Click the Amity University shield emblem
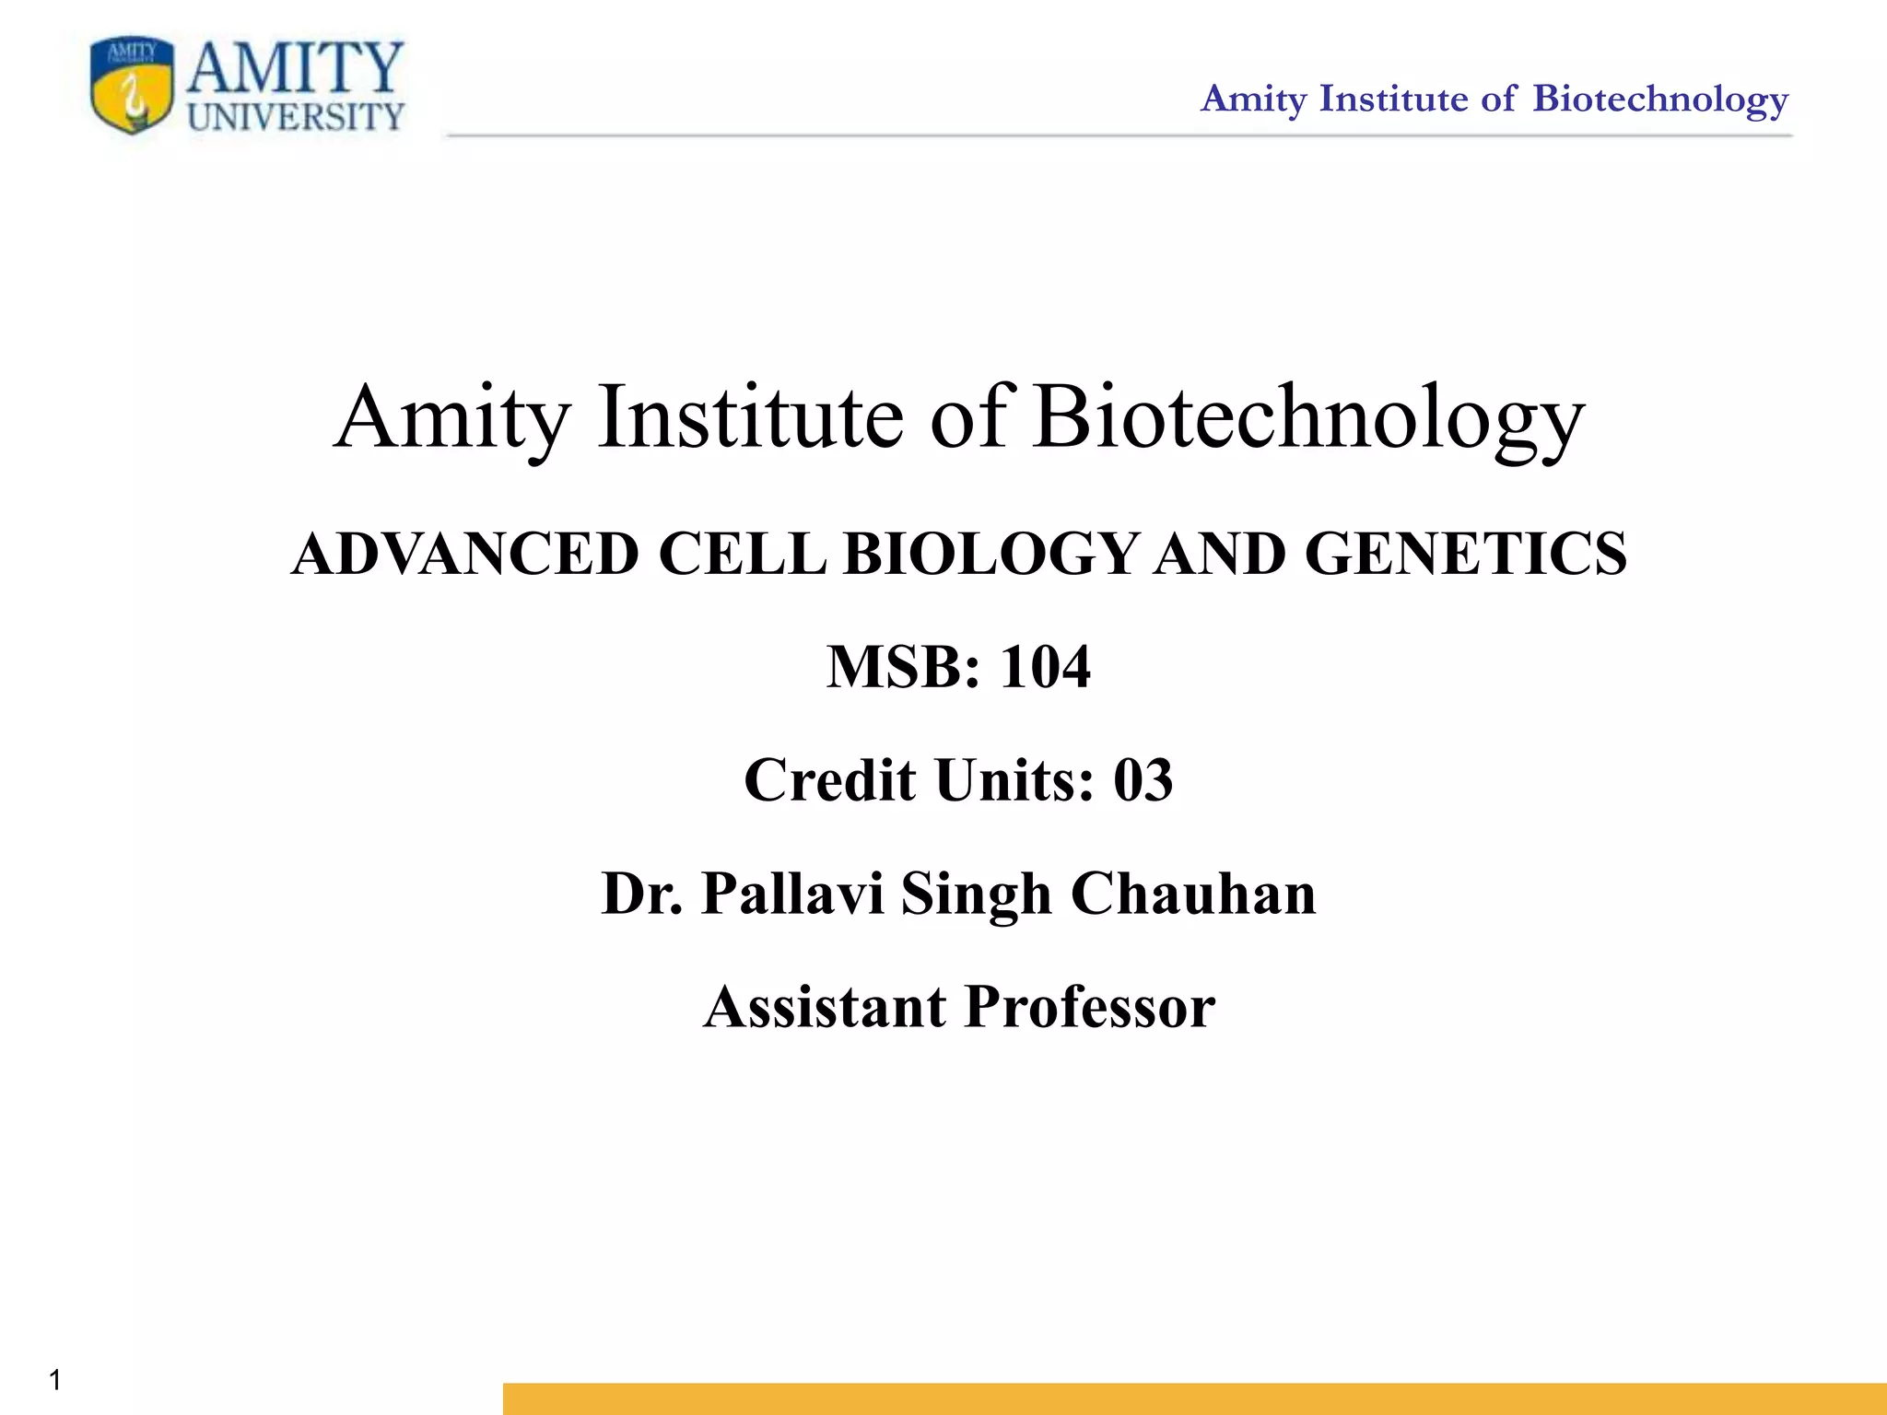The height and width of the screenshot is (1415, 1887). pos(132,87)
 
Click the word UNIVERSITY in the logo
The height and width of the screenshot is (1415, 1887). pos(296,117)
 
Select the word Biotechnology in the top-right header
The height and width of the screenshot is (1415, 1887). pos(1660,99)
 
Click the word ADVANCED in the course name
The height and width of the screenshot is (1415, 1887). pos(465,555)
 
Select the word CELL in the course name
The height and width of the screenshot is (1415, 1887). pos(743,555)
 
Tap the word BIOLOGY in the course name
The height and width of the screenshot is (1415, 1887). pos(991,555)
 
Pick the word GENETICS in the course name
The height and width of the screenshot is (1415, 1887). pos(1466,555)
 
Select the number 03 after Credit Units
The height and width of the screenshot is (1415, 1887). pos(1143,780)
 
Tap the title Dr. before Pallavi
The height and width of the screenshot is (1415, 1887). pos(642,894)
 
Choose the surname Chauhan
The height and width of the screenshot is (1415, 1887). pos(1193,894)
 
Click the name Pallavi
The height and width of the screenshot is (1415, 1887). pos(792,894)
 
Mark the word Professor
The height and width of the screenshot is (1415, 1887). pos(1090,1007)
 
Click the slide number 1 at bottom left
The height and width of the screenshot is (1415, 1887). pos(55,1379)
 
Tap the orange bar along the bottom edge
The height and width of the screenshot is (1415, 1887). pos(1194,1398)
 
